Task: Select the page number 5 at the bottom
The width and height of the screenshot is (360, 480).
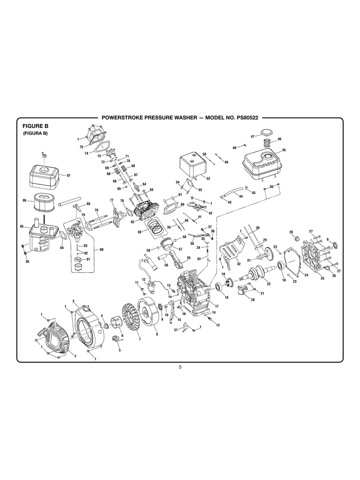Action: click(x=180, y=367)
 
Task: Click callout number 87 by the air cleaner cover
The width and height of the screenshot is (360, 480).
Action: click(x=68, y=175)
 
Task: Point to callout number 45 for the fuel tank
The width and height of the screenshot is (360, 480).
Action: click(x=284, y=150)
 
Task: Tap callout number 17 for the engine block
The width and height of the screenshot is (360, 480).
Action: click(x=217, y=306)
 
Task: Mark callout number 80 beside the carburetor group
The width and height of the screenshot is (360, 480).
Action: click(x=102, y=250)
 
